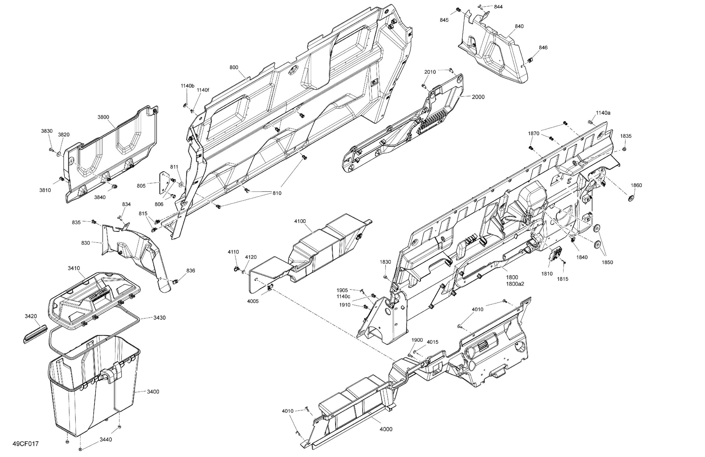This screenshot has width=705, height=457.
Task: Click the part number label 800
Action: [x=234, y=67]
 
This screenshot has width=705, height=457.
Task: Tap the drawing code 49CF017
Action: [x=26, y=444]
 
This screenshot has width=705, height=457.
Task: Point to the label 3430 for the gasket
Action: [x=159, y=317]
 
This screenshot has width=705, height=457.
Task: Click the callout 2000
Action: [x=478, y=97]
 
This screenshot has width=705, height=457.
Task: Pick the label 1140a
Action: [x=603, y=113]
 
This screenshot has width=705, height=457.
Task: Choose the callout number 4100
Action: [x=300, y=221]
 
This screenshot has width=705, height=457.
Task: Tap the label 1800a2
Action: [x=515, y=284]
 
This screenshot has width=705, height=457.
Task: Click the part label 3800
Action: [x=103, y=117]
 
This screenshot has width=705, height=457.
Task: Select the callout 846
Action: [x=543, y=47]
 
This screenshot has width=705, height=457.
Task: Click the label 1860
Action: [x=636, y=185]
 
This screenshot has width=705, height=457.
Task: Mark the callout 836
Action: [x=191, y=270]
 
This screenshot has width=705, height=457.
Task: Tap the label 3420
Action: [x=31, y=316]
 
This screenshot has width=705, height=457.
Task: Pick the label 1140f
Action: [x=203, y=90]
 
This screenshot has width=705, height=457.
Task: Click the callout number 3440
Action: [x=106, y=440]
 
